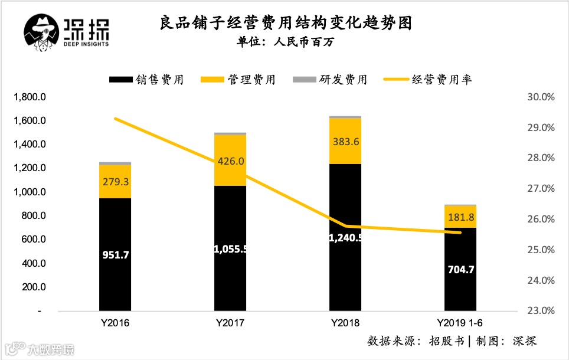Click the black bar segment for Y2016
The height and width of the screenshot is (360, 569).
pyautogui.click(x=115, y=254)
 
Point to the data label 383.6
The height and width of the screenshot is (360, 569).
pyautogui.click(x=345, y=141)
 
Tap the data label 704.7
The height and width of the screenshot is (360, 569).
pyautogui.click(x=460, y=270)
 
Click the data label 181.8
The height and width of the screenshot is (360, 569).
pyautogui.click(x=460, y=217)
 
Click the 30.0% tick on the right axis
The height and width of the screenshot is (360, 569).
pyautogui.click(x=539, y=97)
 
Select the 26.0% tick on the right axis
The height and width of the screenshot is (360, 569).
pyautogui.click(x=539, y=219)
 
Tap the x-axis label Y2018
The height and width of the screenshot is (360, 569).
pyautogui.click(x=345, y=323)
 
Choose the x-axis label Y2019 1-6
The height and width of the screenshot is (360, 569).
pyautogui.click(x=460, y=323)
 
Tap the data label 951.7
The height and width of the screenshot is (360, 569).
pyautogui.click(x=115, y=257)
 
